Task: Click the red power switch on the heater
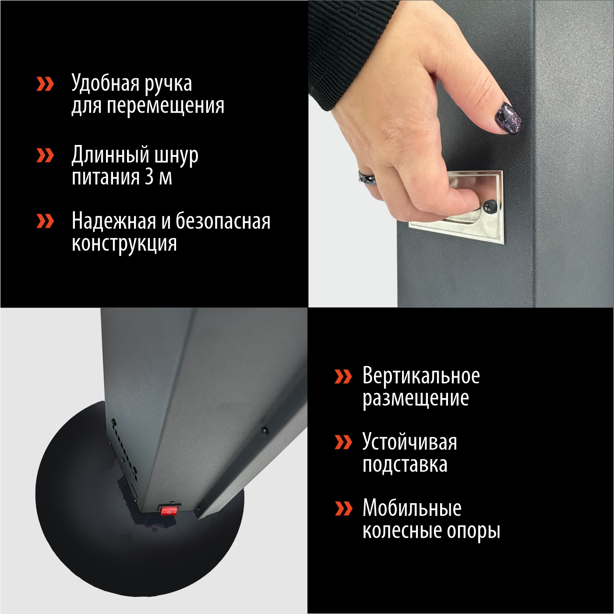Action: point(169,511)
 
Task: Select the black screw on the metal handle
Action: point(489,205)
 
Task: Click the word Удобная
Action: point(106,83)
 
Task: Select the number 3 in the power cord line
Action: point(149,177)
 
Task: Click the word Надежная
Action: point(113,221)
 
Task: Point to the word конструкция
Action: point(124,244)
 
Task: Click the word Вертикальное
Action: point(421,376)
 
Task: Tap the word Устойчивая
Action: point(409,442)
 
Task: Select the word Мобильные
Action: point(412,508)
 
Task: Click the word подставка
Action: point(405,465)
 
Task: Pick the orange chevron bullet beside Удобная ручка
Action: point(45,84)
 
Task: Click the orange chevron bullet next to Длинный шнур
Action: point(45,155)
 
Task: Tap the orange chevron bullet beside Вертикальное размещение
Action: point(343,376)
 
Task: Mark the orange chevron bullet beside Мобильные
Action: point(343,508)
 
